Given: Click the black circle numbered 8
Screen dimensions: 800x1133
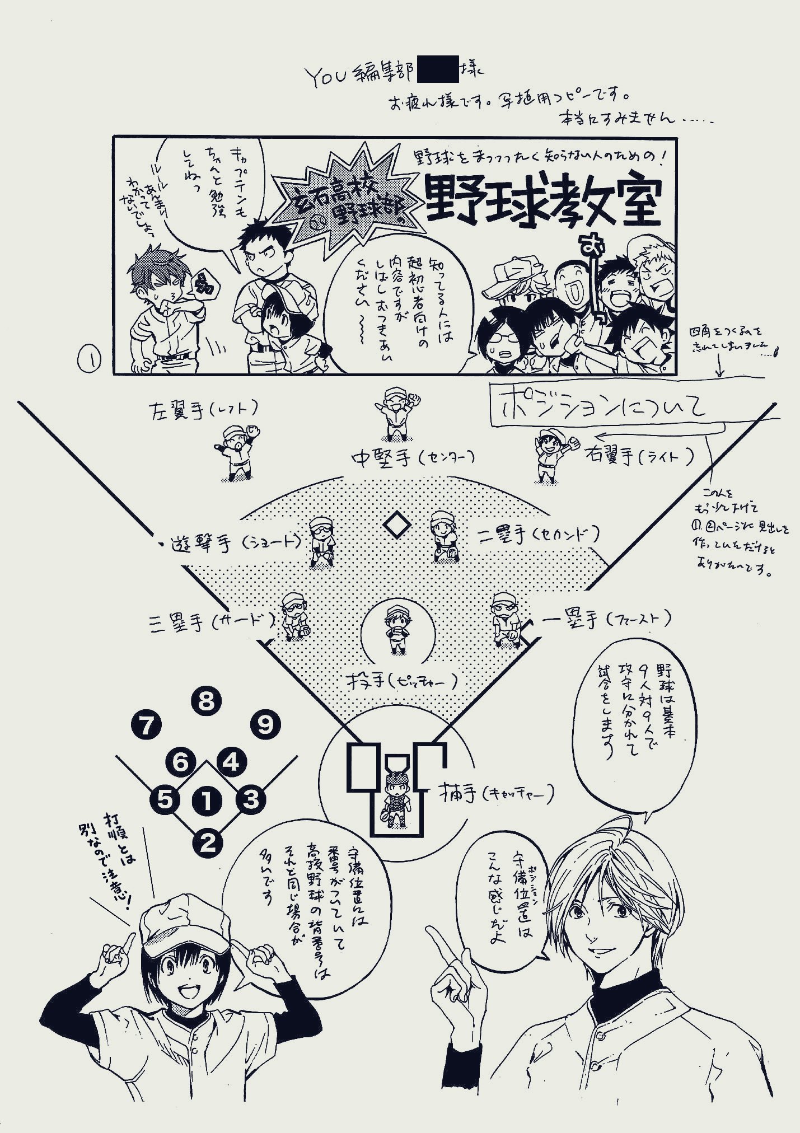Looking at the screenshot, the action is (x=206, y=701).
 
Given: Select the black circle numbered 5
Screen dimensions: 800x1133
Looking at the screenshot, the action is (x=165, y=800).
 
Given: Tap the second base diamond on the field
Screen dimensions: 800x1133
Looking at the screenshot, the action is (x=397, y=525).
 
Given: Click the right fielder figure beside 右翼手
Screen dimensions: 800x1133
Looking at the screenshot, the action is (x=550, y=455).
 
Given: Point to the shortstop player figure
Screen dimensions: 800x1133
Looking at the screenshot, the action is (x=322, y=540).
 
